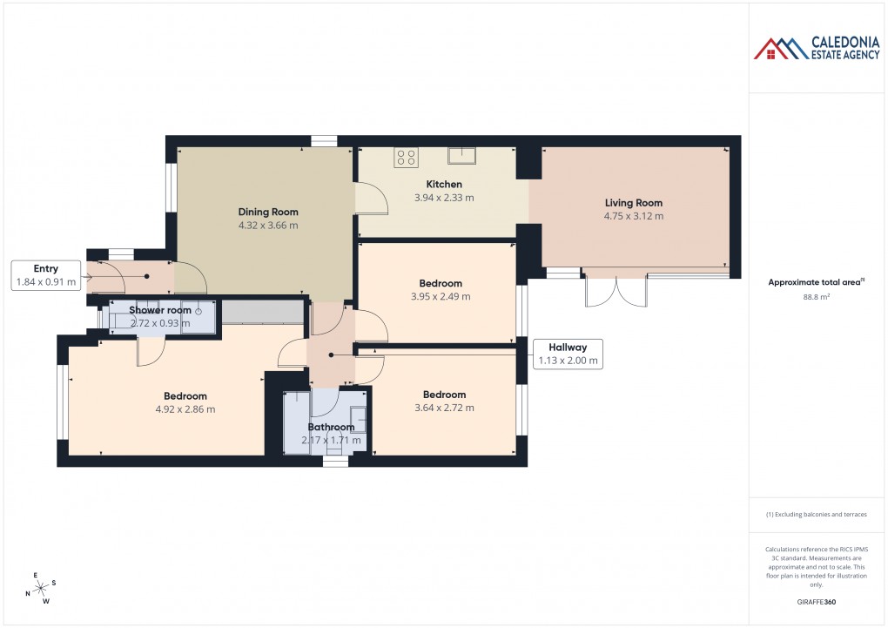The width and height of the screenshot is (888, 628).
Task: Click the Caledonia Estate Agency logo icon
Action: point(782,49)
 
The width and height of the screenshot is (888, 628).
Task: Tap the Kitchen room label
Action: point(444,185)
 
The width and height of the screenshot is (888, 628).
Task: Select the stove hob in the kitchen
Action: point(406,157)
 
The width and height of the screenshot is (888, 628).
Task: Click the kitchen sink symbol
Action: point(461,156)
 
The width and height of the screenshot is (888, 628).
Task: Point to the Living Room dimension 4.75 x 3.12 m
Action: point(634,216)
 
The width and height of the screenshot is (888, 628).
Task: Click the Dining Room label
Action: point(268,212)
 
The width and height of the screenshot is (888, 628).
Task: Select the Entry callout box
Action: point(46,275)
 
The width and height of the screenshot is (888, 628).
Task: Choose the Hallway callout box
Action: point(567,354)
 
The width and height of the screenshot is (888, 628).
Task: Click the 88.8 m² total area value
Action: point(817,297)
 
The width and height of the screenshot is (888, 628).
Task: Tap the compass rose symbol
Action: point(40,589)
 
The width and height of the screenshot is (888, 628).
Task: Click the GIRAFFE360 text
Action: point(817,602)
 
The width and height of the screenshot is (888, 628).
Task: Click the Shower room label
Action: point(159,310)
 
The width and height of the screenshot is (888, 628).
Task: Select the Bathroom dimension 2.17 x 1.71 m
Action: point(331,441)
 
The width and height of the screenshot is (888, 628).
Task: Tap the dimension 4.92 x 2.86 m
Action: point(185,409)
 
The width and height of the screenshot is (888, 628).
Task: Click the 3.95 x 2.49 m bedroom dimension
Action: point(440,296)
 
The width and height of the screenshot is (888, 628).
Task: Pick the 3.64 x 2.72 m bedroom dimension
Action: point(444,408)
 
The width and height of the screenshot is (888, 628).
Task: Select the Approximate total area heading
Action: point(815,281)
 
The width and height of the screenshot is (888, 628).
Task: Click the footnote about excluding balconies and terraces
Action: point(817,515)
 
